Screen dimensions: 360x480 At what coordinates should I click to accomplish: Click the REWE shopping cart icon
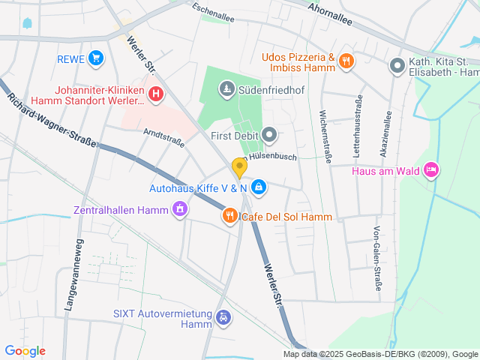click(95, 58)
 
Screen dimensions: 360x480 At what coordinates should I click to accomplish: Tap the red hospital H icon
click(156, 94)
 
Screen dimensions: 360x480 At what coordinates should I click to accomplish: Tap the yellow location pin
click(239, 168)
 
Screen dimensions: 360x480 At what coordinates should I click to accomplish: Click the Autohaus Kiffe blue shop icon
click(258, 186)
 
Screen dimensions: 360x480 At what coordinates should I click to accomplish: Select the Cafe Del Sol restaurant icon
click(230, 217)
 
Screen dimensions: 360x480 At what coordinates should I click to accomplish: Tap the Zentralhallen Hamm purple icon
click(179, 209)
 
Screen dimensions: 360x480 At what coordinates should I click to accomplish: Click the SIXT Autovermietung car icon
click(223, 318)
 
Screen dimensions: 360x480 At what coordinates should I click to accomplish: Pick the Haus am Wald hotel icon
click(431, 171)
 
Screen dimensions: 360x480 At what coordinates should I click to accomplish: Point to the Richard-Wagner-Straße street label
click(52, 120)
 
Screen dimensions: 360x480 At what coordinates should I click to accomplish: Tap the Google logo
click(25, 351)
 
